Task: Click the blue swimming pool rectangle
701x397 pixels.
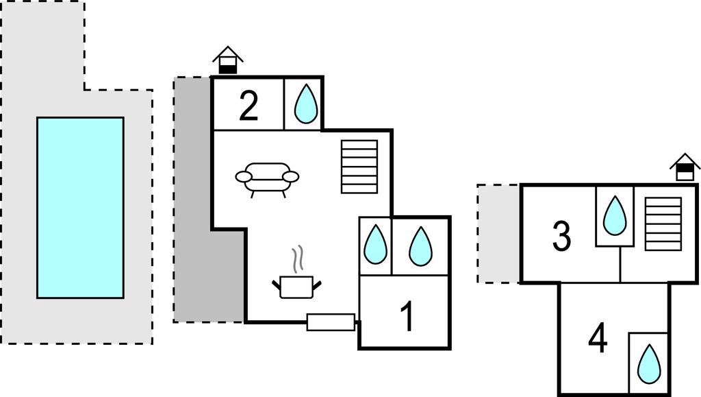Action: point(80,207)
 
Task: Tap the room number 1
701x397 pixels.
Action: point(407,317)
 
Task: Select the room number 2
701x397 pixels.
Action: point(248,107)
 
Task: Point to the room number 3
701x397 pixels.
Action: point(561,237)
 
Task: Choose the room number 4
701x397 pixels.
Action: point(598,339)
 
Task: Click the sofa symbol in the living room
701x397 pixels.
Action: point(267,178)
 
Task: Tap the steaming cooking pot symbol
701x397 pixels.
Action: point(296,285)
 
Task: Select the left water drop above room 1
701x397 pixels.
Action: point(374,245)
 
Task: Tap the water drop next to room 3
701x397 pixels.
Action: point(614,215)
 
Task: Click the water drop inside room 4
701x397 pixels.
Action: point(648,363)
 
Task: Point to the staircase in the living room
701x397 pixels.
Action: point(359,167)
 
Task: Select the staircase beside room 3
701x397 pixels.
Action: point(663,224)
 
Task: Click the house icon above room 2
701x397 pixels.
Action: point(228,61)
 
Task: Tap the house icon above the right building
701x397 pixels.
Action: point(685,167)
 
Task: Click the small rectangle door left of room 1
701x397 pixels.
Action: point(331,322)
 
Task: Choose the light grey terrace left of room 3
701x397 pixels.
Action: point(498,233)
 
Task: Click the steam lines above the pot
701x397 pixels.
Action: point(297,259)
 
